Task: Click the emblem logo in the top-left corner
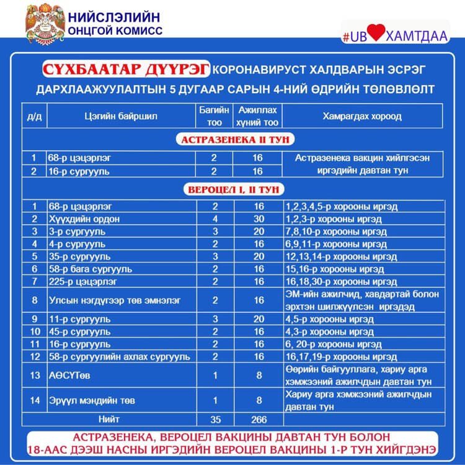45,23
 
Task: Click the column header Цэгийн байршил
120,116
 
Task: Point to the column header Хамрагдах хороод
362,116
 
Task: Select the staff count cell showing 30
257,219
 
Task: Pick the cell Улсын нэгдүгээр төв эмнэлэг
115,300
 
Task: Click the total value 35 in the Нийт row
215,419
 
